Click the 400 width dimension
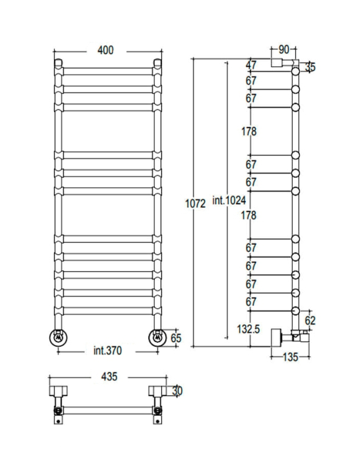106,50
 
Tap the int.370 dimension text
107,351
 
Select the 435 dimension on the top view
109,377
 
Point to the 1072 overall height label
195,204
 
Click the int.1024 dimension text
229,201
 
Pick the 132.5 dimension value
248,329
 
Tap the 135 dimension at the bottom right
290,357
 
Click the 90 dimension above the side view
284,50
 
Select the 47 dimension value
251,65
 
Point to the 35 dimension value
310,67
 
